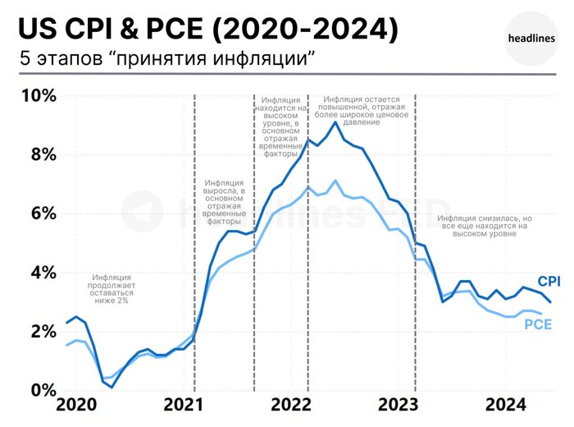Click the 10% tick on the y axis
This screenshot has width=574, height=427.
tap(38, 96)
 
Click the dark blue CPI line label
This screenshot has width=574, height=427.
tap(549, 282)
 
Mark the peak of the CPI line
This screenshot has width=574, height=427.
tap(335, 122)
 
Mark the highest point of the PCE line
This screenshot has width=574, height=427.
tap(335, 180)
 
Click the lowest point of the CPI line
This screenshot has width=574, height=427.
tap(112, 387)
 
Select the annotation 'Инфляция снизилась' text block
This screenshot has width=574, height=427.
tap(485, 226)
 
